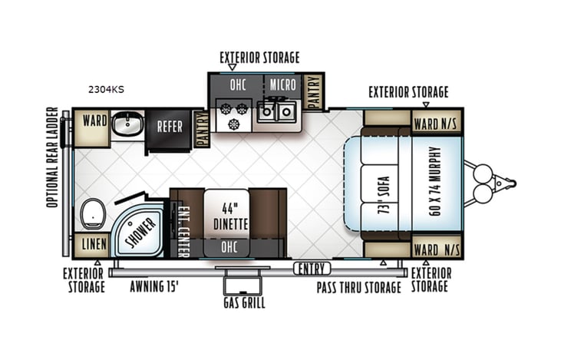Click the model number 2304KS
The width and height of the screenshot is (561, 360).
[105, 89]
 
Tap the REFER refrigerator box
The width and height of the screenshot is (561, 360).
[170, 127]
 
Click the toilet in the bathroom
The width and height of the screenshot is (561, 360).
[91, 213]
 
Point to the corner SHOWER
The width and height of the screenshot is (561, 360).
[141, 230]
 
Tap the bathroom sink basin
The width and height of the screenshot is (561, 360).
[127, 124]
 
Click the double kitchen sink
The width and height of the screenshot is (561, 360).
[277, 113]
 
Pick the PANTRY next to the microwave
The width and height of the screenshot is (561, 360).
[313, 91]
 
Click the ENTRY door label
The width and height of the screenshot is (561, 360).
[312, 268]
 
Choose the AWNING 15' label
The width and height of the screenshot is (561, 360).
[156, 288]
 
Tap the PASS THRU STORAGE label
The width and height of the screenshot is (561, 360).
[359, 288]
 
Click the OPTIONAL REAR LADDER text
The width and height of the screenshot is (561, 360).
[52, 157]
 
